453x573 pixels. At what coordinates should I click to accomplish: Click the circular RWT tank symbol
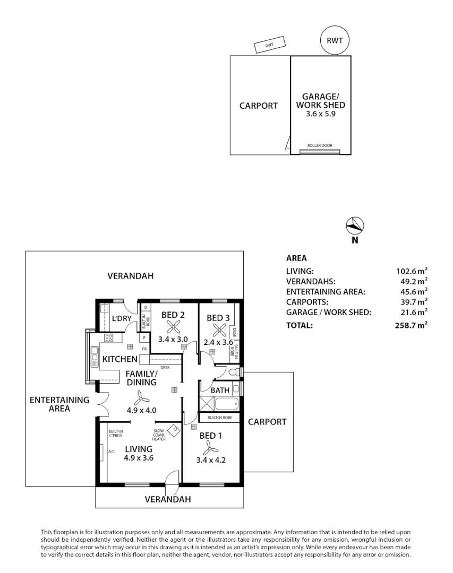coord(335,40)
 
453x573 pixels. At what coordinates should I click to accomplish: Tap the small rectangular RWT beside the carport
coord(269,46)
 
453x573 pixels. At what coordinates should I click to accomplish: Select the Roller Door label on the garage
coord(320,145)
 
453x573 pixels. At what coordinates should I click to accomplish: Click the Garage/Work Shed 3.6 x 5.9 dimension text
coord(320,114)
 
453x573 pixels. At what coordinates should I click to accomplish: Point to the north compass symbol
coord(354,226)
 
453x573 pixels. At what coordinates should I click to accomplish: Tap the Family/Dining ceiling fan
coord(140,397)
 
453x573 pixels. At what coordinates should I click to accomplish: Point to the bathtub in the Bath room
coord(226,404)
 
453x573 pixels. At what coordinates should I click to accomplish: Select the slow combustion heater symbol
coord(174,430)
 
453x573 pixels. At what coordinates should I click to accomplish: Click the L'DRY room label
coord(122,319)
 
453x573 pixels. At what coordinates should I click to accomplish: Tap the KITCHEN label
coord(120,360)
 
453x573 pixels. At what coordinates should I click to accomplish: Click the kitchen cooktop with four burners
coord(108,337)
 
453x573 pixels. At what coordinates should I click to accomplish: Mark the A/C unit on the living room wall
coord(102,452)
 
